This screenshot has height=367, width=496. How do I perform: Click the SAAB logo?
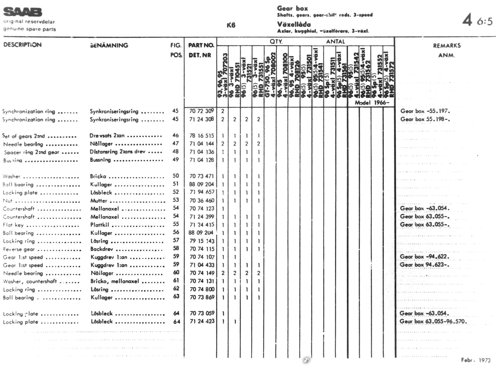tap(23, 12)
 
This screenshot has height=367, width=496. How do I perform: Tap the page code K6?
tap(231, 25)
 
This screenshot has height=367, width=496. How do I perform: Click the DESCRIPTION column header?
tap(22, 45)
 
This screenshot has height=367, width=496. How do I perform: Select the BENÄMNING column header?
tap(109, 45)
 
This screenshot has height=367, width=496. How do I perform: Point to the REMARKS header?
tap(447, 46)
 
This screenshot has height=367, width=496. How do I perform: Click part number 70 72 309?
tap(202, 111)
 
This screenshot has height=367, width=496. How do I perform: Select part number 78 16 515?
tap(202, 136)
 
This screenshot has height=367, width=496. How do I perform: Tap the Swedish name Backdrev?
tap(102, 249)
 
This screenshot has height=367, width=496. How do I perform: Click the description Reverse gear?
tap(19, 249)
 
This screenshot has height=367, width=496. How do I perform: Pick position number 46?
tap(175, 135)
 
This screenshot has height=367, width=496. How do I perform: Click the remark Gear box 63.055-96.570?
tap(433, 321)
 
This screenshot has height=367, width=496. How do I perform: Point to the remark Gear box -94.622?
tap(425, 257)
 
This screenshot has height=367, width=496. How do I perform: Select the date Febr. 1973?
tap(476, 360)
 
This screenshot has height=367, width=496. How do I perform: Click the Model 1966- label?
tap(372, 103)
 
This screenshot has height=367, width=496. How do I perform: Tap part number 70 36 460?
tap(202, 201)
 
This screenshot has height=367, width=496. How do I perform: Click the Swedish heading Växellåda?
tap(294, 24)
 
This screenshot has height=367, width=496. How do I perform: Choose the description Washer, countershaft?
tap(30, 281)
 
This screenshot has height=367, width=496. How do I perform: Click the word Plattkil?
tap(100, 225)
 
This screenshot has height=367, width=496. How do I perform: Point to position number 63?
tap(176, 297)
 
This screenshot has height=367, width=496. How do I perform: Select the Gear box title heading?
tap(292, 8)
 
